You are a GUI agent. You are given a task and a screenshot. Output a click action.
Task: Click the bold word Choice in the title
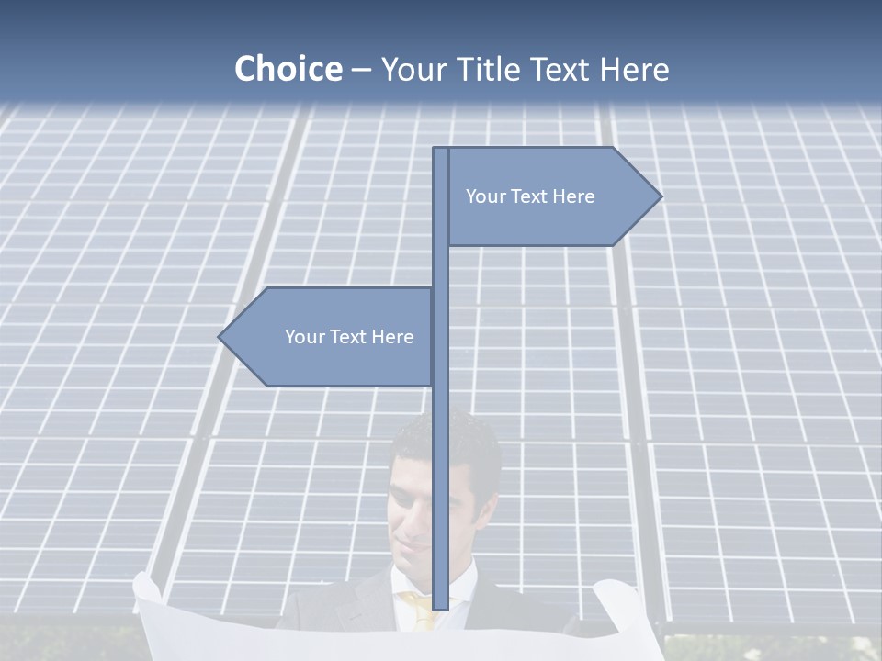tap(288, 69)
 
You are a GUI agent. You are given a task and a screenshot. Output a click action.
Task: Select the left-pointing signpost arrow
tap(331, 337)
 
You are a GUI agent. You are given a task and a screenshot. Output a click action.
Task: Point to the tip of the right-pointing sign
tap(660, 196)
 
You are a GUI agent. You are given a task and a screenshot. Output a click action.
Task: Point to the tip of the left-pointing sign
tap(220, 337)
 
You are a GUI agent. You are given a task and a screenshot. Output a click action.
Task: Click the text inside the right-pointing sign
tap(530, 196)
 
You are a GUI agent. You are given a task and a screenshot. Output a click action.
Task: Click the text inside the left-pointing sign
tap(349, 337)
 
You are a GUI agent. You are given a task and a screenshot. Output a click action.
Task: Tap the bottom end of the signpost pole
tap(441, 607)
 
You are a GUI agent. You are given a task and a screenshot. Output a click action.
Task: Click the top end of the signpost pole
tap(441, 151)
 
